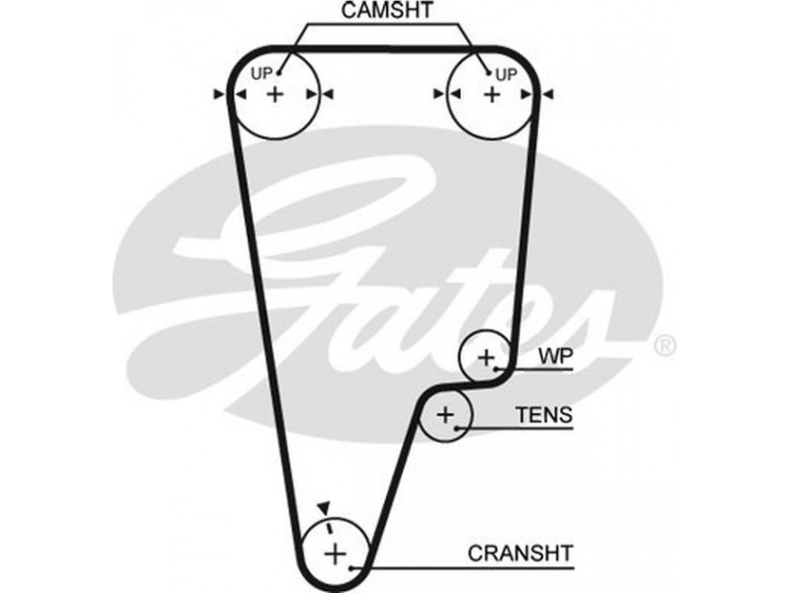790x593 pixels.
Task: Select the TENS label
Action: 543,415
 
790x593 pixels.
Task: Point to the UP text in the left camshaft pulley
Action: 261,74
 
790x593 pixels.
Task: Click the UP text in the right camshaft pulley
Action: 506,74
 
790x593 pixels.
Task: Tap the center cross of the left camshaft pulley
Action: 276,94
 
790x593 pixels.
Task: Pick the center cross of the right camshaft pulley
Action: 491,94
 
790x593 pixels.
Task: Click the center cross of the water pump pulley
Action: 486,356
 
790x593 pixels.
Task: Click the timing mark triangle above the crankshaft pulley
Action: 322,507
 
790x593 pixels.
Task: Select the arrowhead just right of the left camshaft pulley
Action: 329,94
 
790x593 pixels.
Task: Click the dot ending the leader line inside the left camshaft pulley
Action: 279,71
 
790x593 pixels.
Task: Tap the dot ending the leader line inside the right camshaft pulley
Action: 487,71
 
